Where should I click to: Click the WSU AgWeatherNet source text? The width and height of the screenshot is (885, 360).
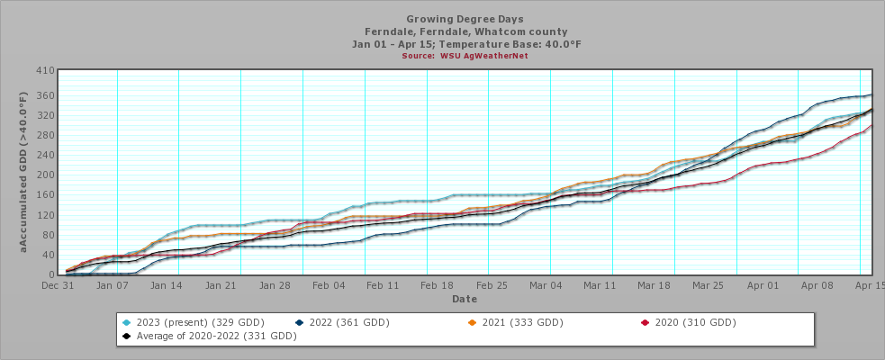[x=465, y=56]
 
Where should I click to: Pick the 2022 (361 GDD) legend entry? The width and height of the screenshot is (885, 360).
[x=342, y=322]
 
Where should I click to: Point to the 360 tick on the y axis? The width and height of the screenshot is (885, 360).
[x=45, y=95]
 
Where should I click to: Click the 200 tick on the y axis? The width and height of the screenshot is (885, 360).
[x=45, y=175]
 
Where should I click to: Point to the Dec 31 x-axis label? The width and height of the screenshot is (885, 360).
[x=56, y=285]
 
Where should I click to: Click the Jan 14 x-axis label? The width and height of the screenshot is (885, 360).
[x=167, y=285]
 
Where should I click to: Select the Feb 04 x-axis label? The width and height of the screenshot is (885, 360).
[x=329, y=285]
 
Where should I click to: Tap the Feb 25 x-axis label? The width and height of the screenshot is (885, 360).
[x=492, y=285]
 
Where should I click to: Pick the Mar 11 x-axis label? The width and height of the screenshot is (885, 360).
[x=600, y=285]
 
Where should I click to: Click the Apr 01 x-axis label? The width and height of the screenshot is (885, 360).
[x=763, y=285]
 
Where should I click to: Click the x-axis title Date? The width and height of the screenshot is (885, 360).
[x=465, y=298]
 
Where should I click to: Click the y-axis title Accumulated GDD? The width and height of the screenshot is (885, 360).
[x=24, y=171]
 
